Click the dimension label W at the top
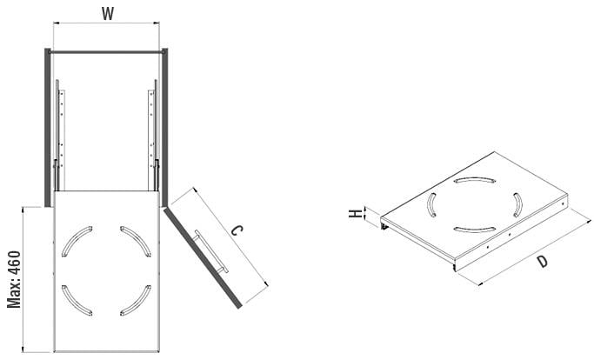point(107,14)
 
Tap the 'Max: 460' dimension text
point(15,278)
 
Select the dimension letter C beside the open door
point(237,231)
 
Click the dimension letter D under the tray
point(542,260)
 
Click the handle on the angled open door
point(213,252)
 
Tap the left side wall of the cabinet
point(48,122)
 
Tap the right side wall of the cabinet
point(166,122)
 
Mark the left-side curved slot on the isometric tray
point(431,206)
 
